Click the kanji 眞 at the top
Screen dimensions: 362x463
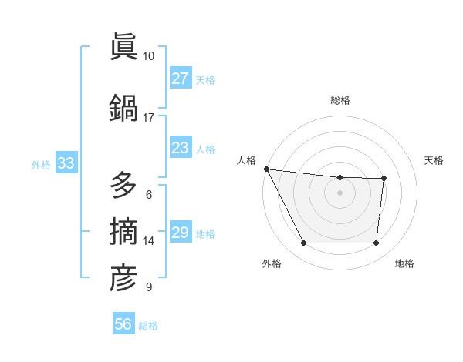(x=123, y=48)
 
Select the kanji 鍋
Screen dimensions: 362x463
(x=123, y=109)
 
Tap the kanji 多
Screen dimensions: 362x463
(x=123, y=187)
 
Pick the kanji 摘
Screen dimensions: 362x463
(x=123, y=232)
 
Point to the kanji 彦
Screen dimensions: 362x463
(x=123, y=278)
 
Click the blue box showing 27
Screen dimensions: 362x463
(x=181, y=79)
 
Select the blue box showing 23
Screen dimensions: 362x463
(x=181, y=148)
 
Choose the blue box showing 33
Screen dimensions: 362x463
(x=66, y=163)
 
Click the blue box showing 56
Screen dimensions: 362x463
(x=123, y=324)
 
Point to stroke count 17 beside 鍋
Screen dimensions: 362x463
(x=149, y=118)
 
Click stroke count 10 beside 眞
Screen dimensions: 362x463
(x=149, y=56)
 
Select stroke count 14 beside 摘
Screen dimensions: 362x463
(x=149, y=241)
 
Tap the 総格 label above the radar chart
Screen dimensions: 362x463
(x=340, y=100)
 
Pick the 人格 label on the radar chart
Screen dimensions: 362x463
(x=247, y=160)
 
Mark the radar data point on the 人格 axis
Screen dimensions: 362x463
(x=266, y=169)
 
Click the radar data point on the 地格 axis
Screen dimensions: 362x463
(x=377, y=243)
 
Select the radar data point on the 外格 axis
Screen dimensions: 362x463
(x=303, y=243)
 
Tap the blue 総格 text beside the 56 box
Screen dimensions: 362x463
(x=148, y=326)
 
